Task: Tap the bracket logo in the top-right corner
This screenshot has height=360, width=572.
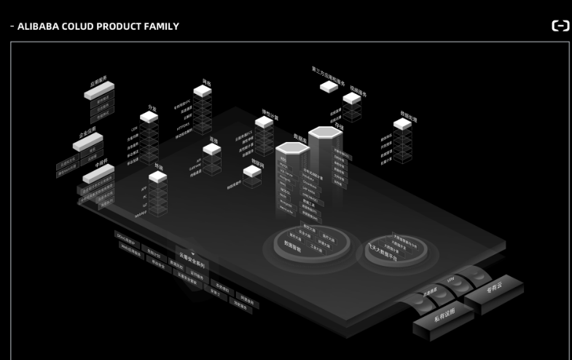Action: pyautogui.click(x=560, y=26)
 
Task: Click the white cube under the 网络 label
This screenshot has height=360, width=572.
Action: pyautogui.click(x=203, y=91)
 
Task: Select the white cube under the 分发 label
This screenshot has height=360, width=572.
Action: pyautogui.click(x=149, y=117)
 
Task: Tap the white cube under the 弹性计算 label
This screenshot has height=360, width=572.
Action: pyautogui.click(x=264, y=122)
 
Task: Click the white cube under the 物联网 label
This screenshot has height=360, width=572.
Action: pyautogui.click(x=252, y=171)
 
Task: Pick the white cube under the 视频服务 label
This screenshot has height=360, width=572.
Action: pyautogui.click(x=353, y=98)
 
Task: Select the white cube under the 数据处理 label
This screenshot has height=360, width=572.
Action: pyautogui.click(x=402, y=124)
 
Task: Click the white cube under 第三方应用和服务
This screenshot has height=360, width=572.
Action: pyautogui.click(x=329, y=87)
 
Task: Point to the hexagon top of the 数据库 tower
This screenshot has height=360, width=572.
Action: pyautogui.click(x=292, y=148)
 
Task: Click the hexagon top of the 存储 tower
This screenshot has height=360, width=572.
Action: pyautogui.click(x=326, y=132)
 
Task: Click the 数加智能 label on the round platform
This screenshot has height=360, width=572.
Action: pyautogui.click(x=293, y=246)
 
